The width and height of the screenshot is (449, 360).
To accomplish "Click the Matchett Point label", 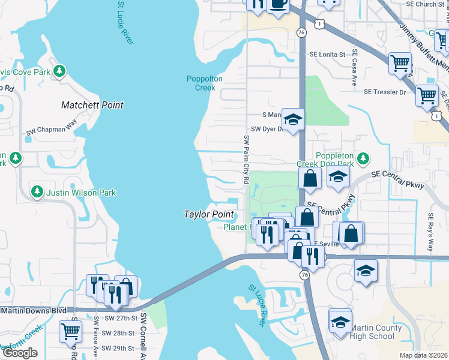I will [92, 105].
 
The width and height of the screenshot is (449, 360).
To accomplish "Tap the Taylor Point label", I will [208, 214].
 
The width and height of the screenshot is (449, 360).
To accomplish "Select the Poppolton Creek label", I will [200, 83].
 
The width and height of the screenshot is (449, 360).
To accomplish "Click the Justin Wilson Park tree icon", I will [37, 192].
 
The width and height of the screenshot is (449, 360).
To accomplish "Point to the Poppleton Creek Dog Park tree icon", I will [362, 159].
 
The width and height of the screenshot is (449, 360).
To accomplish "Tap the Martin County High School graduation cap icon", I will [340, 323].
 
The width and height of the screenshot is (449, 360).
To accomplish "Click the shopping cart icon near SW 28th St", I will [71, 330].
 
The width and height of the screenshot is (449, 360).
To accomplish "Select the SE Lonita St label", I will [328, 55].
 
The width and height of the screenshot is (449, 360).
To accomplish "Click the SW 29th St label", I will [116, 349].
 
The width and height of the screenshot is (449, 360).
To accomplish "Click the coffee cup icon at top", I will [278, 4].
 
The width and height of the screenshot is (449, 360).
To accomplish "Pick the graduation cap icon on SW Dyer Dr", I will [293, 119].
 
